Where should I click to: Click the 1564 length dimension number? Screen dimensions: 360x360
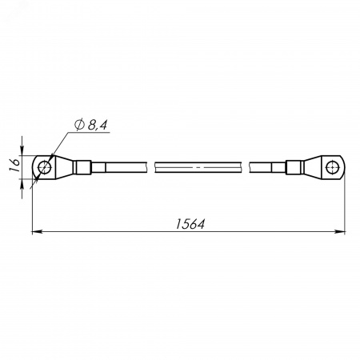pyautogui.click(x=190, y=224)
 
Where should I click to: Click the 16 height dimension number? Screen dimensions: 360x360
pyautogui.click(x=14, y=166)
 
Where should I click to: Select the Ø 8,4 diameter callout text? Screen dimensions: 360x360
pyautogui.click(x=91, y=125)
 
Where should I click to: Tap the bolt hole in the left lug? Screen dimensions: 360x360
pyautogui.click(x=45, y=167)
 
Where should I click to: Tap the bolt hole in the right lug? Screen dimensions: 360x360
pyautogui.click(x=332, y=167)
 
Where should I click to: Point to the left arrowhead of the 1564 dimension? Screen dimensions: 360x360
pyautogui.click(x=37, y=232)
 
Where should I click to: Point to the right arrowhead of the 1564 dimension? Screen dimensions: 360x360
pyautogui.click(x=340, y=232)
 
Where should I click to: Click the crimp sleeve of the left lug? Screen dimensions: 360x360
pyautogui.click(x=82, y=167)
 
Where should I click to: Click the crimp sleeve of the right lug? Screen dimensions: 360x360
pyautogui.click(x=294, y=167)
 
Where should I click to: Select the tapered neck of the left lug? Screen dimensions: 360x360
pyautogui.click(x=64, y=167)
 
